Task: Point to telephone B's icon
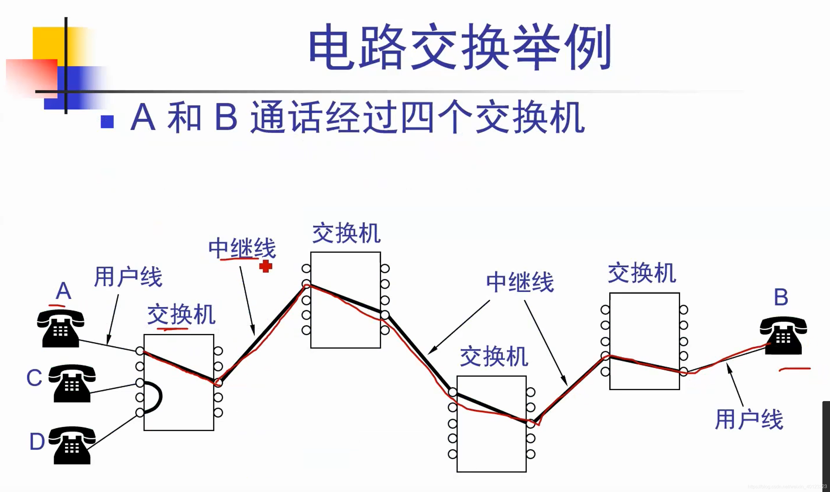tap(783, 336)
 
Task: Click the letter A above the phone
tap(63, 291)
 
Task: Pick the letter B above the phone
tap(781, 297)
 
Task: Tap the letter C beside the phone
tap(34, 378)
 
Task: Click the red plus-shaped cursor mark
tap(265, 266)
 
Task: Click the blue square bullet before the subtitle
tap(107, 122)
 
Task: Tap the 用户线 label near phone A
tap(128, 277)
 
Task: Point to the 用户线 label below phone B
tap(749, 420)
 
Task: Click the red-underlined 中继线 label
tap(242, 248)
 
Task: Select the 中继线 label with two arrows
tap(520, 282)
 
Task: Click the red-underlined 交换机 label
tap(181, 314)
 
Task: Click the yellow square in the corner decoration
tap(48, 43)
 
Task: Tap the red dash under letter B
tap(795, 369)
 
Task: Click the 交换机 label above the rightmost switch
tap(642, 273)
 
